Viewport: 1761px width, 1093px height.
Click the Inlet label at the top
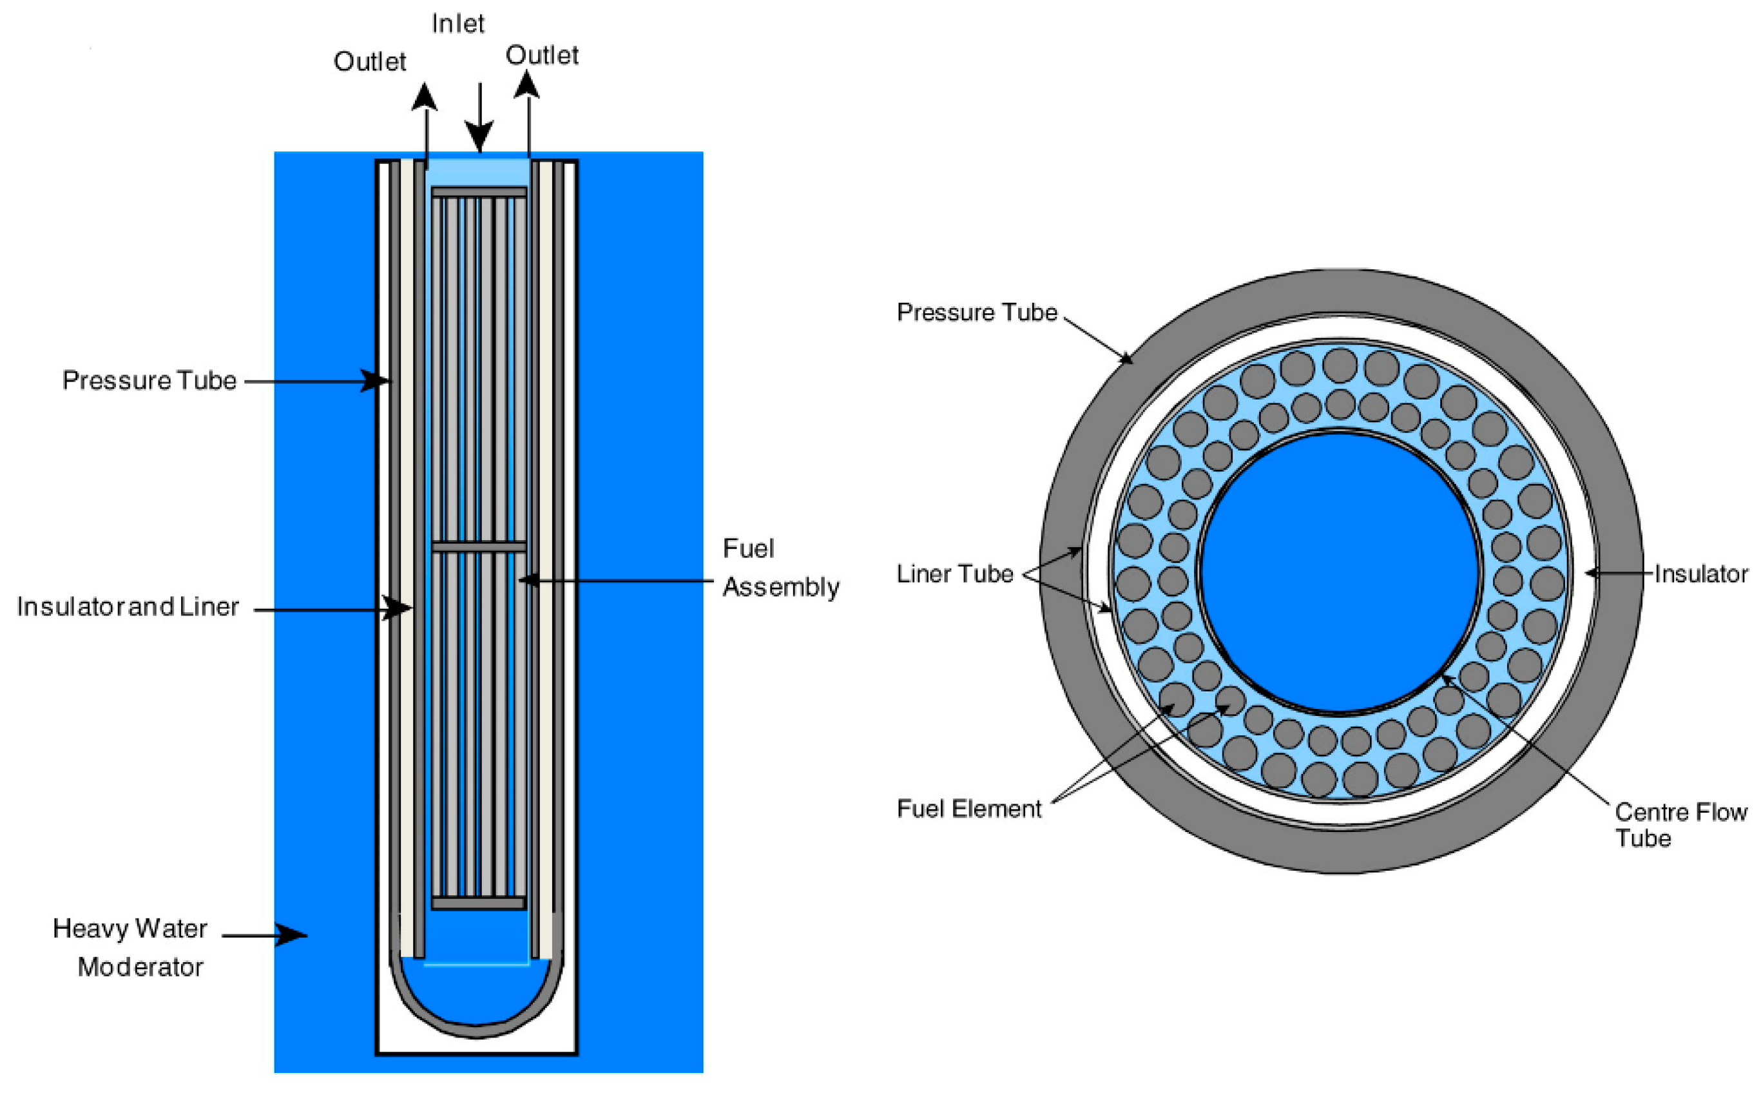pyautogui.click(x=457, y=24)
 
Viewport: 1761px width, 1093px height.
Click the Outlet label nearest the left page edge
pyautogui.click(x=369, y=62)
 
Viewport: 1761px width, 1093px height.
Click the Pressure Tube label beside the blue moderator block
pyautogui.click(x=149, y=380)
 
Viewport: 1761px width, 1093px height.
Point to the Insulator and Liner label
pyautogui.click(x=128, y=606)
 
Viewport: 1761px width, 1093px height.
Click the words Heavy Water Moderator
pyautogui.click(x=131, y=947)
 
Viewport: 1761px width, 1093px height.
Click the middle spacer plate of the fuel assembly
pyautogui.click(x=478, y=547)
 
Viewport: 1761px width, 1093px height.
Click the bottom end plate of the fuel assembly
pyautogui.click(x=478, y=904)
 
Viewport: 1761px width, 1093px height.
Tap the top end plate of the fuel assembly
pyautogui.click(x=478, y=192)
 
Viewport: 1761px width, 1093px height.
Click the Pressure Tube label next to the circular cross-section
pyautogui.click(x=976, y=313)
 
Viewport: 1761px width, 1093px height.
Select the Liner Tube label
pyautogui.click(x=954, y=574)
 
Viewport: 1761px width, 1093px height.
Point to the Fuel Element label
pyautogui.click(x=968, y=809)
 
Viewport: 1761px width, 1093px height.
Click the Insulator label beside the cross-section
pyautogui.click(x=1700, y=574)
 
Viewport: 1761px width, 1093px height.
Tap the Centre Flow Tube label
pyautogui.click(x=1679, y=825)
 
